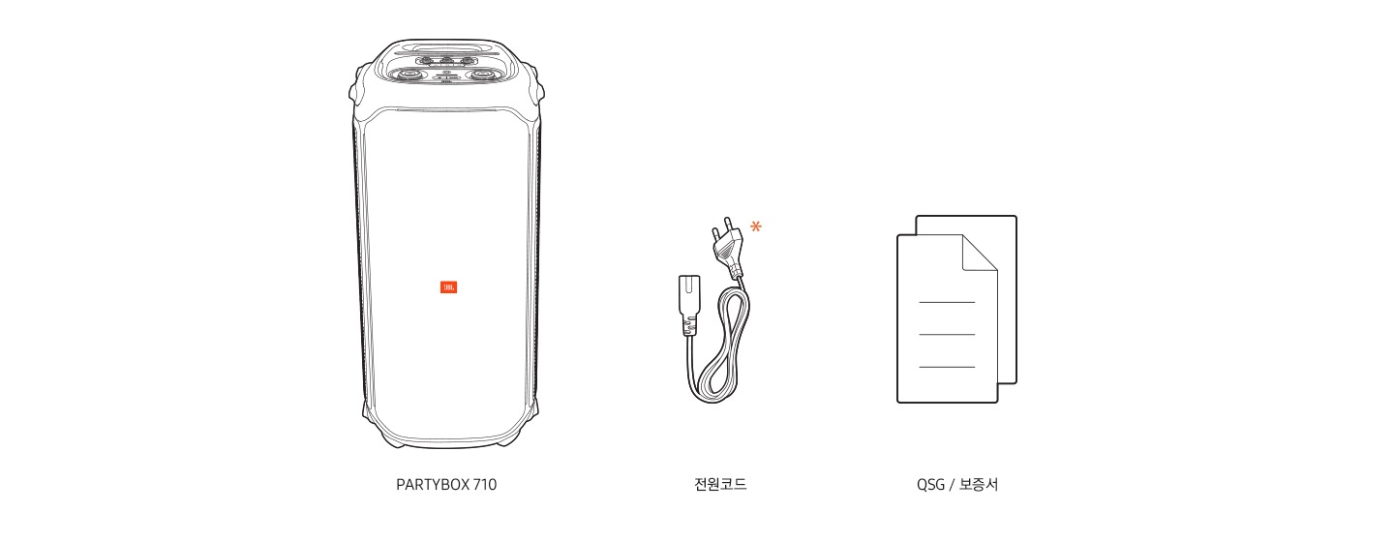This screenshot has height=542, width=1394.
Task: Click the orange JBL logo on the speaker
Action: [448, 287]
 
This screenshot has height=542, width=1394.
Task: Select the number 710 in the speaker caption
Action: [484, 485]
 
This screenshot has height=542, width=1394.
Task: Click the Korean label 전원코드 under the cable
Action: [713, 485]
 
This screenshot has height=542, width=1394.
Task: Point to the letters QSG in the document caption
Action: [930, 485]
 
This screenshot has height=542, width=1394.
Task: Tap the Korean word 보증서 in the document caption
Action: [979, 485]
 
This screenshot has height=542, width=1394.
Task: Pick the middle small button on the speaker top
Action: [446, 60]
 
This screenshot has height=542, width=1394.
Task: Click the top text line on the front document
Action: [946, 302]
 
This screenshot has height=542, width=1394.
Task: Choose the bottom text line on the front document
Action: [946, 368]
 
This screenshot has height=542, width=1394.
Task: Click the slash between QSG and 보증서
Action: [952, 485]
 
